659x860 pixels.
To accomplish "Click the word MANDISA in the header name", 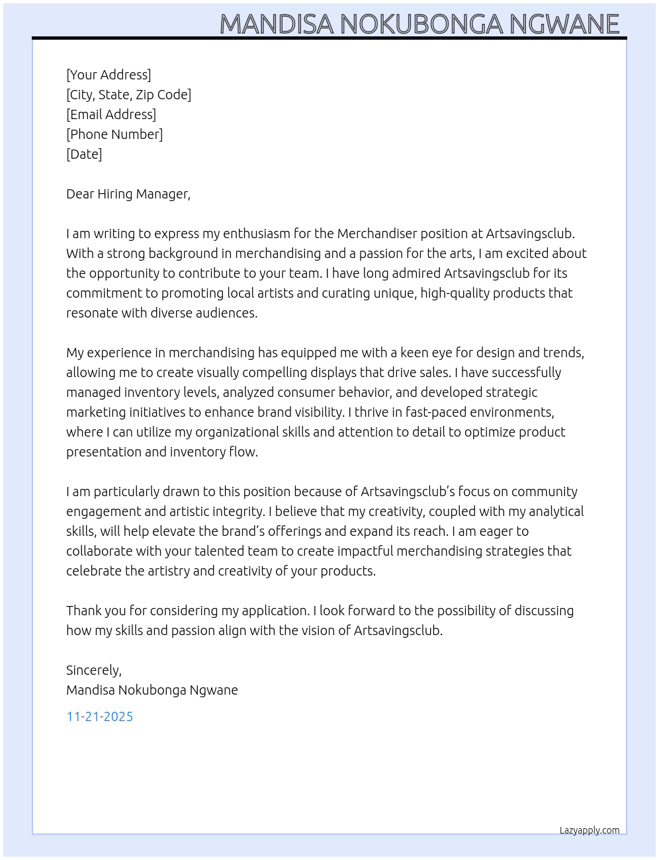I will [x=277, y=24].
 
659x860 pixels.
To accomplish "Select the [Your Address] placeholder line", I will [x=109, y=75].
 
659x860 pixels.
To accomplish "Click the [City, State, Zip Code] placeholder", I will [x=128, y=95].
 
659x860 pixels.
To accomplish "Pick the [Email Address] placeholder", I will [x=111, y=114].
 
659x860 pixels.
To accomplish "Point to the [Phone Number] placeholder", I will [x=114, y=134].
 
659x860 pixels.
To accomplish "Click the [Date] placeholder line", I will [x=84, y=154].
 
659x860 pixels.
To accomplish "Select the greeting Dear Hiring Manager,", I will [x=128, y=194].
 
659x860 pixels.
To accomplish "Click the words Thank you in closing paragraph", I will [x=95, y=611].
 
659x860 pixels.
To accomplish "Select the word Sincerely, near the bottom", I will [x=94, y=670].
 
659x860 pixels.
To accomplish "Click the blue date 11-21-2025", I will [x=100, y=716].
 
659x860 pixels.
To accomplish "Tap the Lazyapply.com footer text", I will [x=590, y=830].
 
